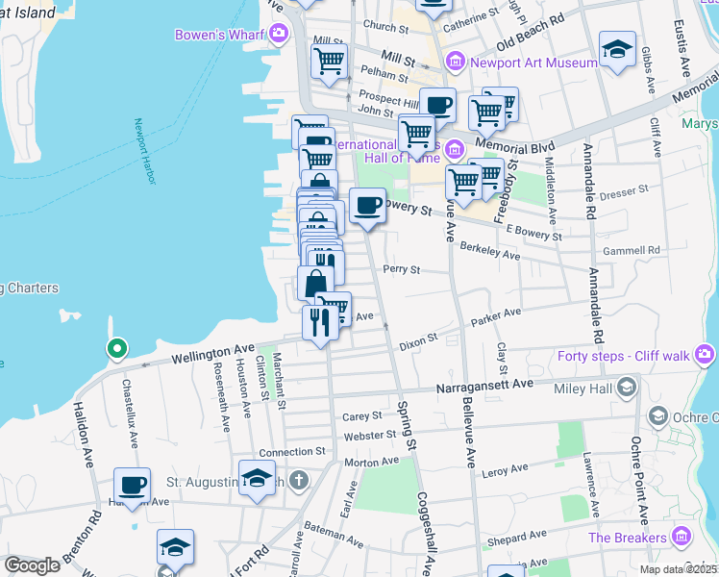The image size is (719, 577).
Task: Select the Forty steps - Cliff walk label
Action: (x=623, y=357)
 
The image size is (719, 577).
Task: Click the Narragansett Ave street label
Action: (x=484, y=385)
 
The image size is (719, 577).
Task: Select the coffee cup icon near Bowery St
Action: (x=367, y=205)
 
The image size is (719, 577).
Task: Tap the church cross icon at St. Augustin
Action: (x=299, y=480)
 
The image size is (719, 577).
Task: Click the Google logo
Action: (x=32, y=565)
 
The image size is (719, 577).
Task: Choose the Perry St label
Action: (x=402, y=270)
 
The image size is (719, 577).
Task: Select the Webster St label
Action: (x=370, y=435)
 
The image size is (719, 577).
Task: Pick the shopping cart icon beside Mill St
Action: (x=329, y=61)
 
